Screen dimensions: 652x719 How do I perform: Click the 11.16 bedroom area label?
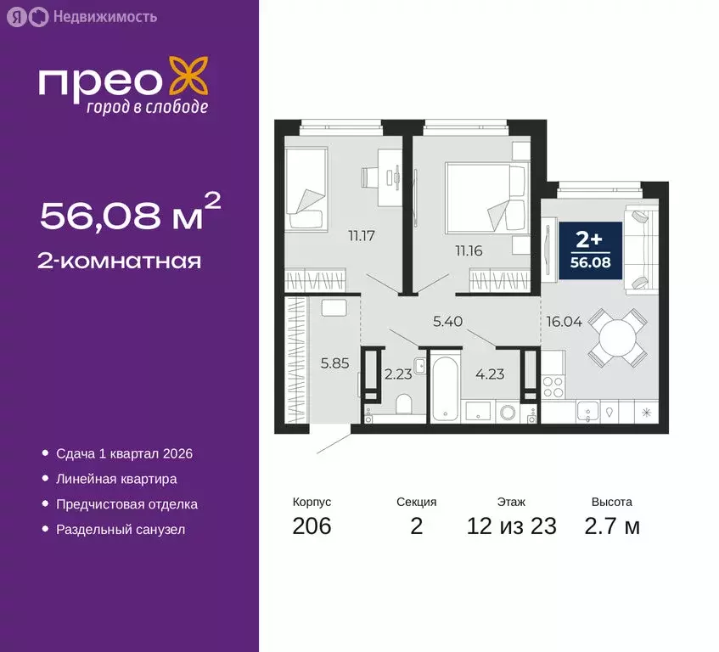469,249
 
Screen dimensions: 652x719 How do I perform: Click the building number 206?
312,526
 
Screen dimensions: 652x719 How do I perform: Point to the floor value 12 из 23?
512,526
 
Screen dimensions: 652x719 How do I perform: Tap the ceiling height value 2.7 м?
612,526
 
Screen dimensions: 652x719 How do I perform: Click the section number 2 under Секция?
416,526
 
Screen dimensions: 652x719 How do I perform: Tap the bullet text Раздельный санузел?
121,530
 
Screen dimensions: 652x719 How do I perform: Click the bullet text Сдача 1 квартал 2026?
124,453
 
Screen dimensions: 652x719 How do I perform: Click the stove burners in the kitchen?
553,386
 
